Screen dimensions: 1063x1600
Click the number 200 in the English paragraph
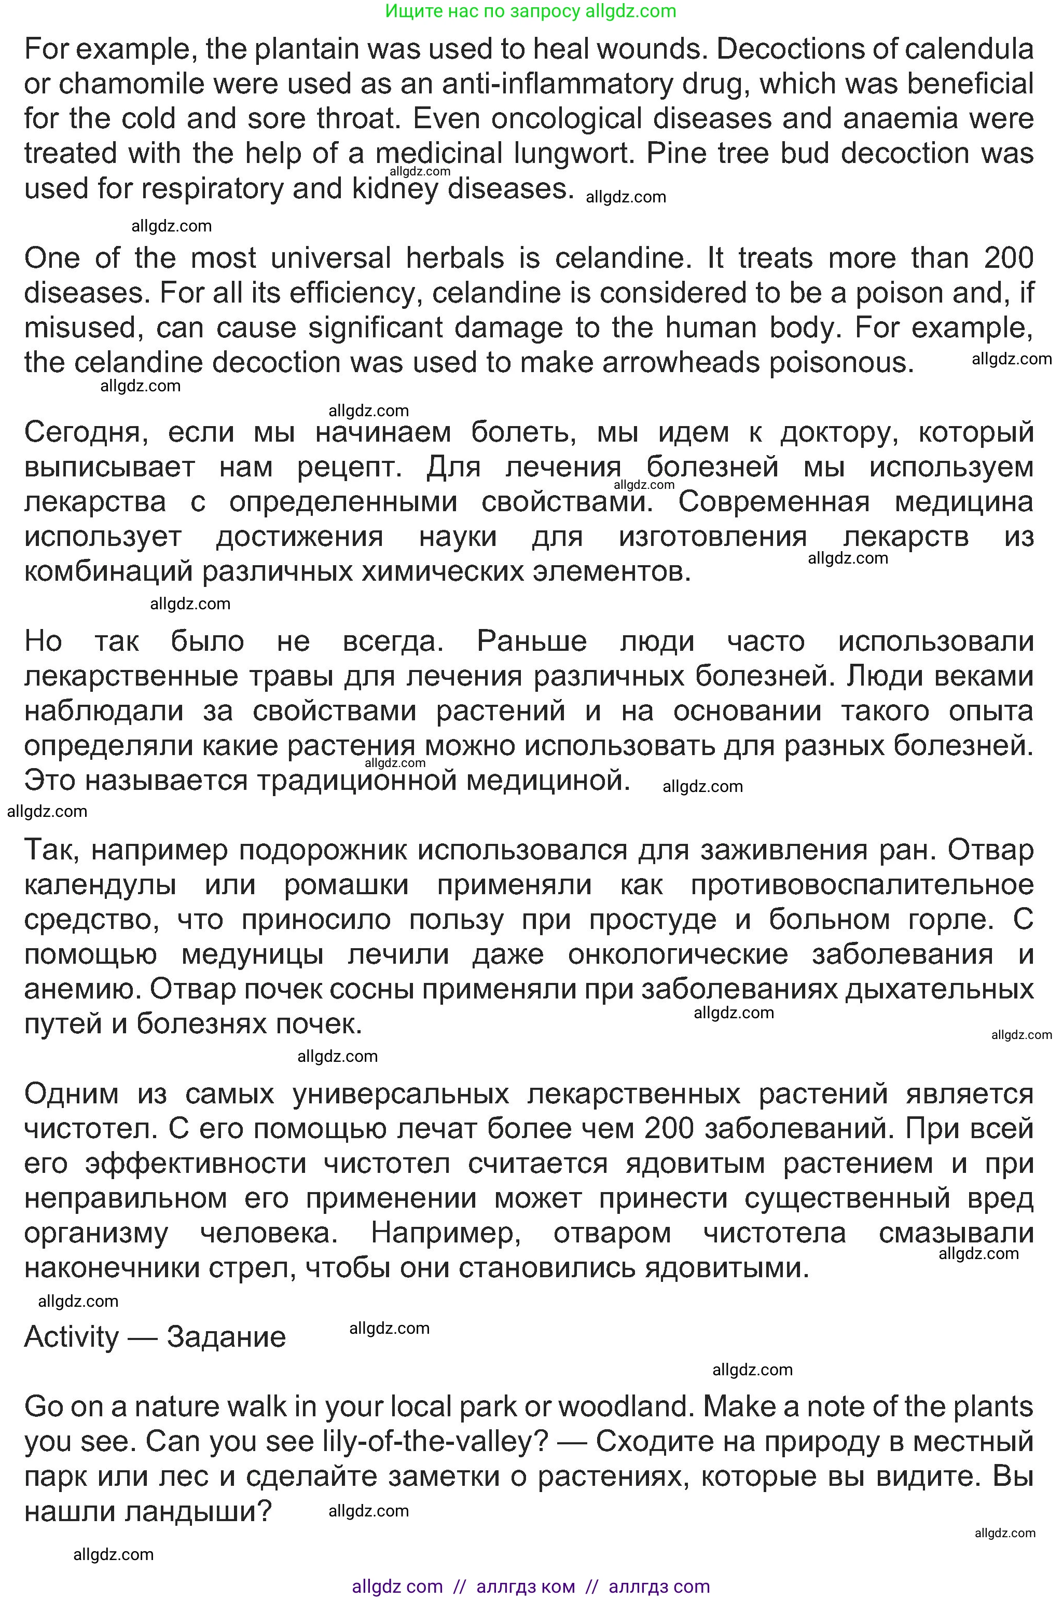(x=1008, y=259)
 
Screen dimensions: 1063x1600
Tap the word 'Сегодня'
(x=86, y=432)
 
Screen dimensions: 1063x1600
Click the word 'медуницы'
(x=253, y=954)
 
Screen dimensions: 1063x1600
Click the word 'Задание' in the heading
(x=226, y=1337)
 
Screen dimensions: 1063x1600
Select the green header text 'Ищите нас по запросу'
(x=482, y=11)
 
